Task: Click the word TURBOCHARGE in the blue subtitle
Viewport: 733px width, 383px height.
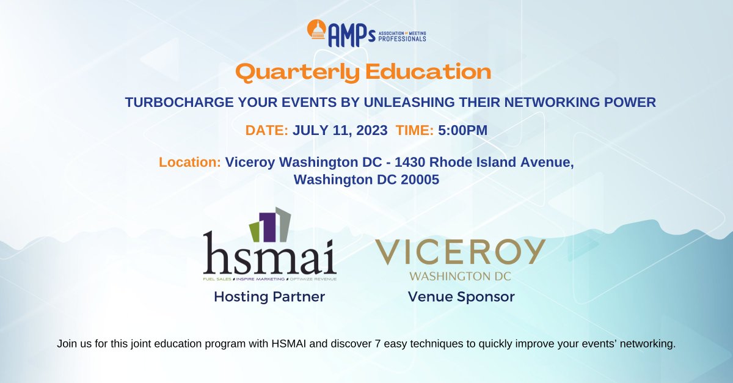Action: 167,103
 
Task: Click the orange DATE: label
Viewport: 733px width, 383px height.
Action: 267,130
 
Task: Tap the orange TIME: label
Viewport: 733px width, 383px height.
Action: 415,130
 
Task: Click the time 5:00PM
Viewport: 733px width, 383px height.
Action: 462,130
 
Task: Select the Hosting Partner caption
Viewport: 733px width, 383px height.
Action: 269,297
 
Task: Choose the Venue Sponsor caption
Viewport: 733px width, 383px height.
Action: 461,297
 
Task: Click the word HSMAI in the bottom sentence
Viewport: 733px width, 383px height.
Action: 295,344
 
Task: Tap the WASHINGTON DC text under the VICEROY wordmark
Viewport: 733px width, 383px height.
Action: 460,276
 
